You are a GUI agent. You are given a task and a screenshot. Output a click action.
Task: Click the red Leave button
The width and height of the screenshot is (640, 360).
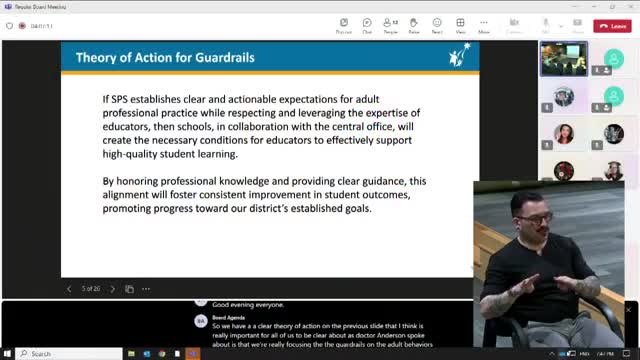tap(612, 26)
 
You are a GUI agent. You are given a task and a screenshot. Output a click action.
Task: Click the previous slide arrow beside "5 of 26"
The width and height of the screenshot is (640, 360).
tap(69, 289)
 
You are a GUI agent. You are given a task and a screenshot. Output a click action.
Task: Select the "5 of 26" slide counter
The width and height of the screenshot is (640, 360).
tap(90, 289)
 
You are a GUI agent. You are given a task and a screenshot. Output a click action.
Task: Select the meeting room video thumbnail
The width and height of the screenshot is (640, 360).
tap(563, 59)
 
